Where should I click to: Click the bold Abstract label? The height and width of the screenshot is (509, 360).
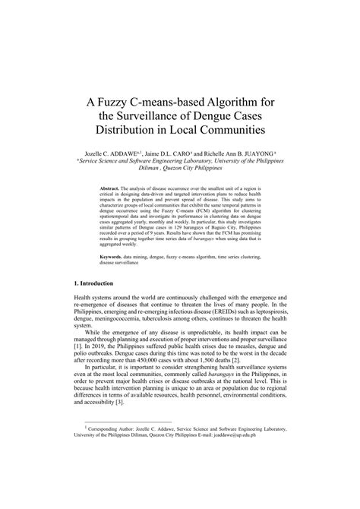[x=113, y=186]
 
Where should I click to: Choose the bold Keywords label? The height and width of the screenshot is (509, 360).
[x=115, y=257]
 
